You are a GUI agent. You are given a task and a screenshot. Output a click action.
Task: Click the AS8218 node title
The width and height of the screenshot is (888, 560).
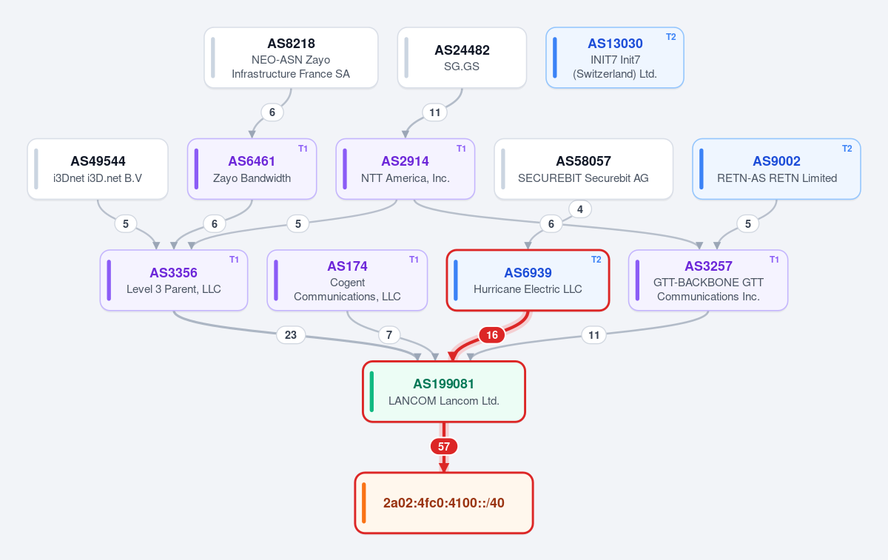point(291,43)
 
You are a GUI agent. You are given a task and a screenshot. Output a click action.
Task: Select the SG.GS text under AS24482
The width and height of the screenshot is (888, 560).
point(462,66)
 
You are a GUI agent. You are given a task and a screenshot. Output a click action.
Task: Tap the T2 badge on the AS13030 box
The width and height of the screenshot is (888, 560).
point(670,37)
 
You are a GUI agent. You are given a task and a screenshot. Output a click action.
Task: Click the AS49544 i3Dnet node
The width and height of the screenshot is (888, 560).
point(98,169)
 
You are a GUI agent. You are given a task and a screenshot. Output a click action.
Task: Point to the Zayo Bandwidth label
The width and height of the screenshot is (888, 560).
point(252,178)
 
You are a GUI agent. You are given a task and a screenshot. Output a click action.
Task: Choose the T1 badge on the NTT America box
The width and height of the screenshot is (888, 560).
point(461,149)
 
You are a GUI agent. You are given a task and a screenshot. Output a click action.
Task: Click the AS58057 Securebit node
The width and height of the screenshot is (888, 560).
point(583,169)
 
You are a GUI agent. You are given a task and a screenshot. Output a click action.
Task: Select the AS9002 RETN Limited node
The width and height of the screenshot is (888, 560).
point(776,169)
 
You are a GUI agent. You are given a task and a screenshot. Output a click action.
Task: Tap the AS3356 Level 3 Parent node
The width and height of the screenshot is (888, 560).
point(174,280)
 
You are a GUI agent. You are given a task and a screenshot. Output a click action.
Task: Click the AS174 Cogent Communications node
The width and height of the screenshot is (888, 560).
point(347,280)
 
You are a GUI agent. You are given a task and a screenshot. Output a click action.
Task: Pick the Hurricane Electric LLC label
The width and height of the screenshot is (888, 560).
point(528,289)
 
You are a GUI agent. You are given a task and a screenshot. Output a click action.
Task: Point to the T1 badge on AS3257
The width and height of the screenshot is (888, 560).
point(774,260)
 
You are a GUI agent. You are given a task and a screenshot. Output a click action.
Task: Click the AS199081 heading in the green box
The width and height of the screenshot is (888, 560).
point(443,384)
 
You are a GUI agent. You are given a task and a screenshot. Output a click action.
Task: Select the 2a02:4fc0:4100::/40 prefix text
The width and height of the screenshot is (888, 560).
point(443,502)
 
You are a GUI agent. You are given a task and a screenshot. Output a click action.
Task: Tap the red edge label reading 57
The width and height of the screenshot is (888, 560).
point(443,446)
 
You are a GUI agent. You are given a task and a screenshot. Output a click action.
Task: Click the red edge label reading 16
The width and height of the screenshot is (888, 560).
point(492,335)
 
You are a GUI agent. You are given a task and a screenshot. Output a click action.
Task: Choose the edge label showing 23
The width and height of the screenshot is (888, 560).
point(291,335)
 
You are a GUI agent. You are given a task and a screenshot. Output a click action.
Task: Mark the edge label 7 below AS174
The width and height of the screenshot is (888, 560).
point(389,335)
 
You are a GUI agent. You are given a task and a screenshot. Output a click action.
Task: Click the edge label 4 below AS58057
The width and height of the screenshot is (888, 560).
point(580,209)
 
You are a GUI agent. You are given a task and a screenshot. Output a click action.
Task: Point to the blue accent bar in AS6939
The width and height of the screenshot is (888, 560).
point(456,280)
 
